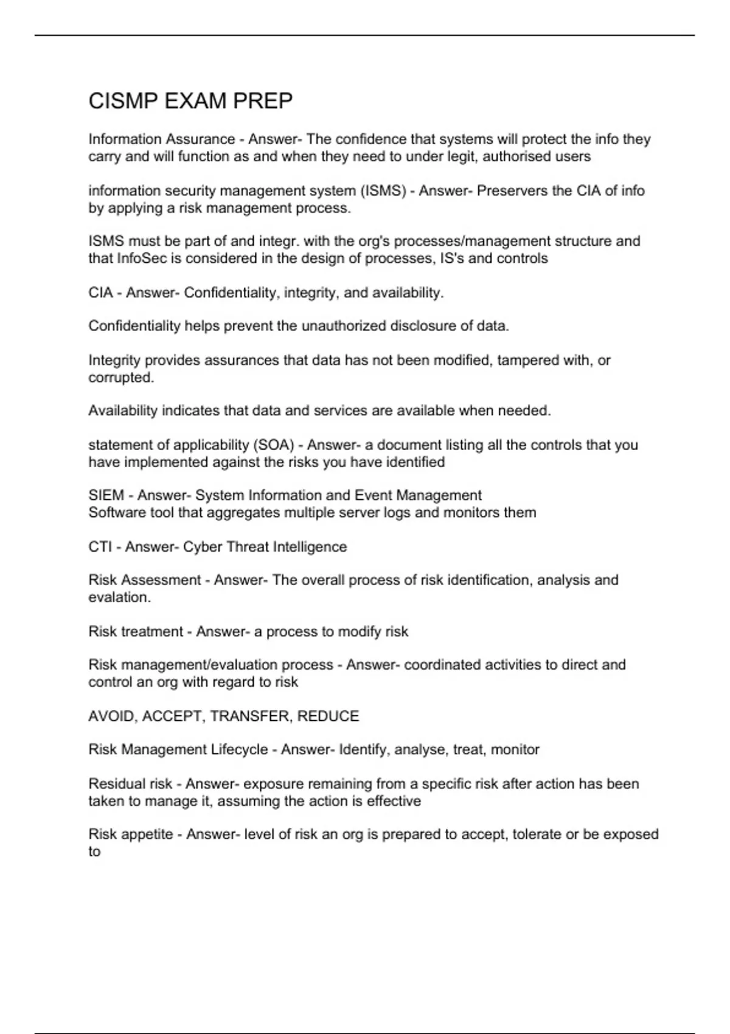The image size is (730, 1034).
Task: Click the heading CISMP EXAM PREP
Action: (x=190, y=101)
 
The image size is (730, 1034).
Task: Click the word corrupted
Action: (x=121, y=378)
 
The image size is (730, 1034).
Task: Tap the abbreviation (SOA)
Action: (x=276, y=445)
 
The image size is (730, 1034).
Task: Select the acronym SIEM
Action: (x=106, y=496)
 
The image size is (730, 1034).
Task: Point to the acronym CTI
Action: (x=100, y=547)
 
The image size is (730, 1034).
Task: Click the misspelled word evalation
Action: (x=119, y=597)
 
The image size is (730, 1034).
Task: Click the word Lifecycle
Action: (x=239, y=750)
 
